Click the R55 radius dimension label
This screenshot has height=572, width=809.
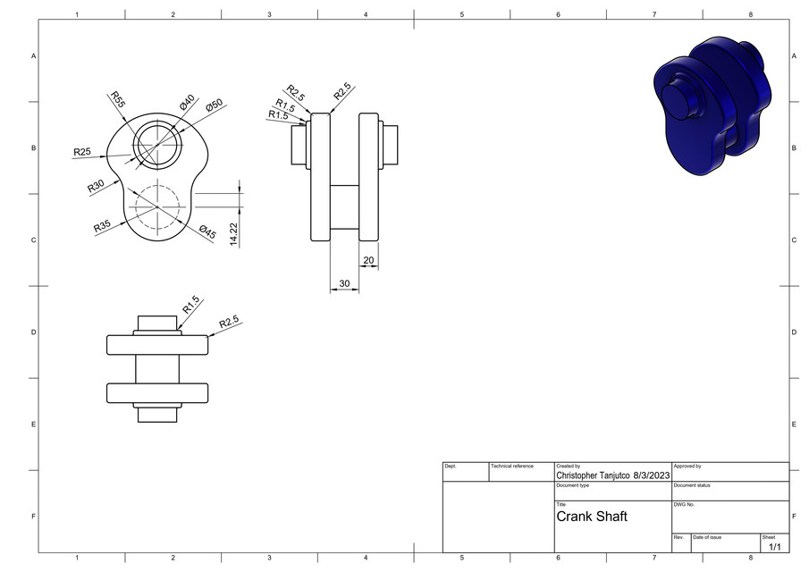coord(117,99)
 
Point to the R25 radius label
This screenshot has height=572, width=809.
coord(82,152)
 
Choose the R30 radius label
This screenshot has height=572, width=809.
coord(97,187)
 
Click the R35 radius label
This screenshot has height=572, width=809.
coord(103,226)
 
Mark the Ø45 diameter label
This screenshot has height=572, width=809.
coord(207,232)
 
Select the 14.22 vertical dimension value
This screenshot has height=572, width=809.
coord(234,233)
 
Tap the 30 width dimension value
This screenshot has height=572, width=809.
coord(344,283)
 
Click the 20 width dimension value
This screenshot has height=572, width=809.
coord(368,261)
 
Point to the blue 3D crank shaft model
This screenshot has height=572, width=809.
coord(712,105)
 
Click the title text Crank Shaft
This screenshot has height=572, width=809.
coord(592,517)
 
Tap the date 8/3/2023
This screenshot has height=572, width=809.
coord(651,475)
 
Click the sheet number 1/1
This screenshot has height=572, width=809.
coord(774,546)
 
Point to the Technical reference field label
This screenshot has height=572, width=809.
coord(511,467)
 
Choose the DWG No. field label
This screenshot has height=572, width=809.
coord(684,505)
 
